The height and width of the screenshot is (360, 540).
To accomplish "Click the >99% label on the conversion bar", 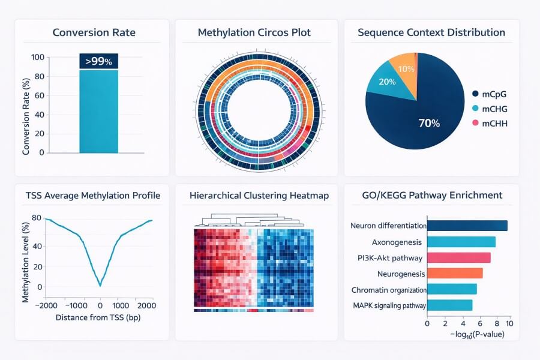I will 98,61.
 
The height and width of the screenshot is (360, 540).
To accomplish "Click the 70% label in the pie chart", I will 429,124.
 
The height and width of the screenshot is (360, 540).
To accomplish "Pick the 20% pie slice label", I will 387,82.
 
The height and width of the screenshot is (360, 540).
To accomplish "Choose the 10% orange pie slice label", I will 406,69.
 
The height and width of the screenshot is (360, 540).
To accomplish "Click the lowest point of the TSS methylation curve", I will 100,285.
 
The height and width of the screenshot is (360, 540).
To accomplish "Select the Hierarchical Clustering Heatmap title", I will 254,196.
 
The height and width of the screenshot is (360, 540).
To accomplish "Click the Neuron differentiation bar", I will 467,226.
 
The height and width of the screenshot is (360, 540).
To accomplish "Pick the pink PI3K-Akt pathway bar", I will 459,258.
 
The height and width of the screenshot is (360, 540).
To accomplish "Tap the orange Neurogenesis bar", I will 455,274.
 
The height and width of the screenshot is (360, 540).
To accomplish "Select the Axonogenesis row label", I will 397,242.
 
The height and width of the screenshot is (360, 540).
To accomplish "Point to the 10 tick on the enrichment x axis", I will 509,323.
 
